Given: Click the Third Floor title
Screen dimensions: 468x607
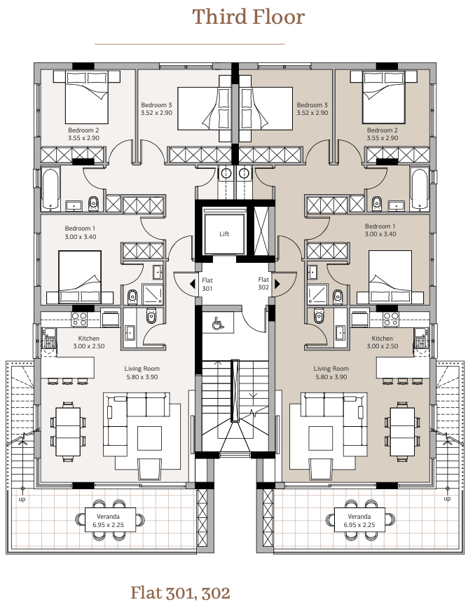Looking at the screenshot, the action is pos(249,17).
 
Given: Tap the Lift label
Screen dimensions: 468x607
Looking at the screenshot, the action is pos(224,234).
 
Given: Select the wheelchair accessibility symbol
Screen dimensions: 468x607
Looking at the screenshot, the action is pos(218,322).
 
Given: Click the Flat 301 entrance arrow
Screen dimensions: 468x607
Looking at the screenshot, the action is pos(192,284).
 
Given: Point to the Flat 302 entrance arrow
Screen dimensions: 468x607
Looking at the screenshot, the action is pos(277,284).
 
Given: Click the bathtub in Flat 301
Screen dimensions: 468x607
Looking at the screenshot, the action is pos(50,189).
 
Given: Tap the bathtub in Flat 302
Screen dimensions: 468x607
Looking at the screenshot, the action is pos(420,189).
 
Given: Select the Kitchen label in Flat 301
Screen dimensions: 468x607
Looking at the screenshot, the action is pos(89,339).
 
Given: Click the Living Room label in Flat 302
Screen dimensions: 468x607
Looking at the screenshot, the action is pos(331,369).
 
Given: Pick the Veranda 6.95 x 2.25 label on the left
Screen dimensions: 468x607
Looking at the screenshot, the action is pos(109,521).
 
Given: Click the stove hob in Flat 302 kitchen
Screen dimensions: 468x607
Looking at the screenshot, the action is pos(390,319).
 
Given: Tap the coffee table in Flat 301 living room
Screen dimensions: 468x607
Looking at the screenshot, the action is pos(149,438).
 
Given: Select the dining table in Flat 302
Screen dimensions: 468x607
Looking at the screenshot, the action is pos(402,431).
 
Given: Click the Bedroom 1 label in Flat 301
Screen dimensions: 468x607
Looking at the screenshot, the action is pos(80,229).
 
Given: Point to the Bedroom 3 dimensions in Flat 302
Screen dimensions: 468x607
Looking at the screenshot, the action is pos(312,113).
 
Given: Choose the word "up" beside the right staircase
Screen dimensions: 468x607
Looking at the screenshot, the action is pos(447,498).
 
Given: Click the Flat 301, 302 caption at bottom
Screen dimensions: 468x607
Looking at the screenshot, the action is pos(180,592).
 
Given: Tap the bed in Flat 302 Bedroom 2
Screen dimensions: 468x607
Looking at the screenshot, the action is pos(384,97).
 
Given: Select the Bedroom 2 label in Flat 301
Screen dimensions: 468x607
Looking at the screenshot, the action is pos(83,130).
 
